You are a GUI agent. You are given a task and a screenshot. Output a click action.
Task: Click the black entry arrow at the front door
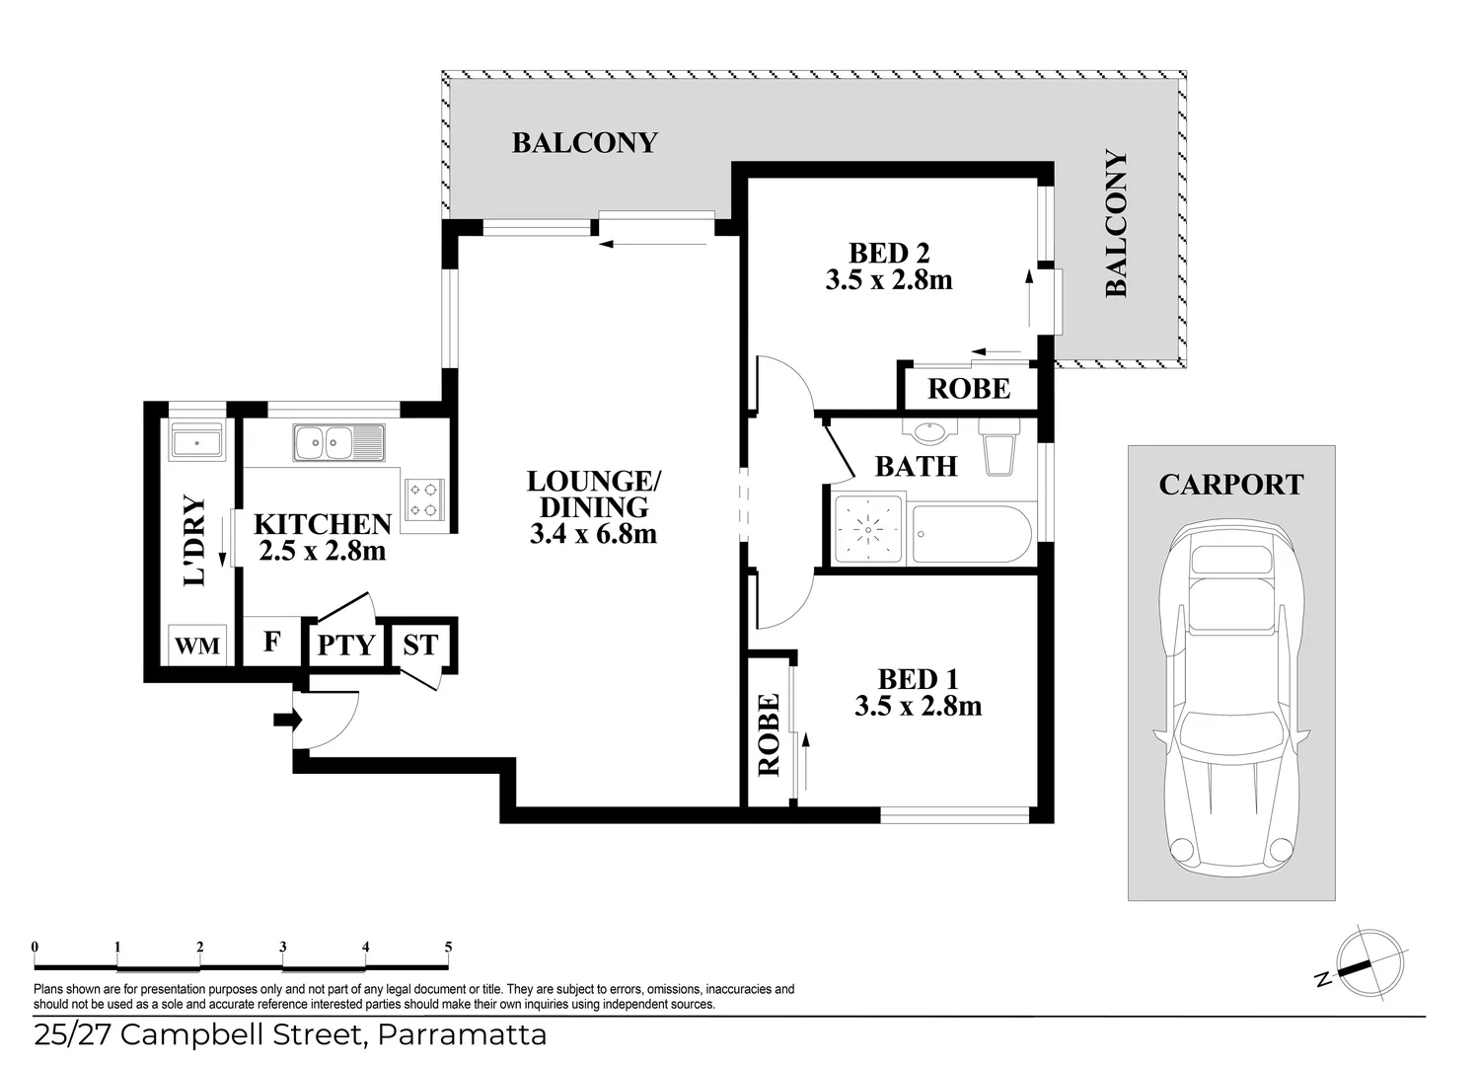pyautogui.click(x=287, y=721)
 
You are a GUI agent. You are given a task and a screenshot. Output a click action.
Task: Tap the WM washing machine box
pyautogui.click(x=197, y=646)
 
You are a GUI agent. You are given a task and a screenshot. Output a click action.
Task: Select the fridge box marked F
pyautogui.click(x=272, y=643)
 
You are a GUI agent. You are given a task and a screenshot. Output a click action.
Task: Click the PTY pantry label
pyautogui.click(x=346, y=646)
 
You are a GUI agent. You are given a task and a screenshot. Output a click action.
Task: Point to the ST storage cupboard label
pyautogui.click(x=420, y=646)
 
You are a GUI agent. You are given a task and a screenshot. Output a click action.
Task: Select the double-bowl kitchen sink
pyautogui.click(x=337, y=442)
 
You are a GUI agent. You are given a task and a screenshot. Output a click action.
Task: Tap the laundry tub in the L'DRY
pyautogui.click(x=197, y=441)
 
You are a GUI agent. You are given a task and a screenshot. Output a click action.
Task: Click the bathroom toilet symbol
pyautogui.click(x=998, y=446)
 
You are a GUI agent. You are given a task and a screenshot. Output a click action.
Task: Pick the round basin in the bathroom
pyautogui.click(x=929, y=431)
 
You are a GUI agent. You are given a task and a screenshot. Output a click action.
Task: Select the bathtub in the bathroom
pyautogui.click(x=972, y=534)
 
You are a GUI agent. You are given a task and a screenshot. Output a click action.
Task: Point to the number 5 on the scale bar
pyautogui.click(x=448, y=948)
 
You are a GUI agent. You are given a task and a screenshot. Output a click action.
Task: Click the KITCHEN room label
pyautogui.click(x=323, y=524)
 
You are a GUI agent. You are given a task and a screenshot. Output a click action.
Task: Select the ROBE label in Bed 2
pyautogui.click(x=969, y=389)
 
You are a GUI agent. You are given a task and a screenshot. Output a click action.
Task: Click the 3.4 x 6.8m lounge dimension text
pyautogui.click(x=593, y=535)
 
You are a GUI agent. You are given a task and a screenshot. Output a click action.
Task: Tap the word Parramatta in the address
pyautogui.click(x=463, y=1035)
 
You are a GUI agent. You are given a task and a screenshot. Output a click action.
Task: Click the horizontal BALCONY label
pyautogui.click(x=584, y=143)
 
